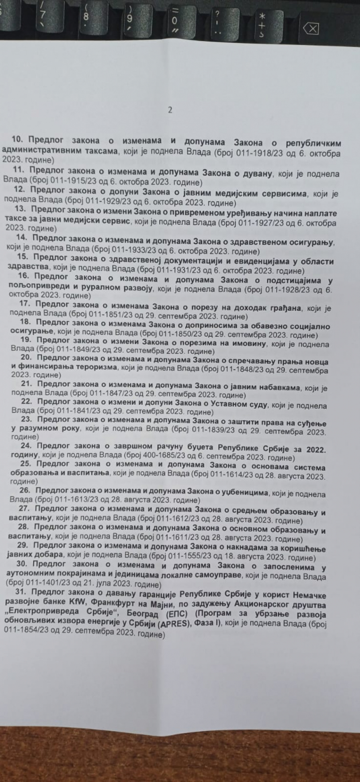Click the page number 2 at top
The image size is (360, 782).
(170, 110)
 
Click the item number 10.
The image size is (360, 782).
(18, 139)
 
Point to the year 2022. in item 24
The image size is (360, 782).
(316, 449)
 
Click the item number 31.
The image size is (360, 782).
(20, 591)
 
